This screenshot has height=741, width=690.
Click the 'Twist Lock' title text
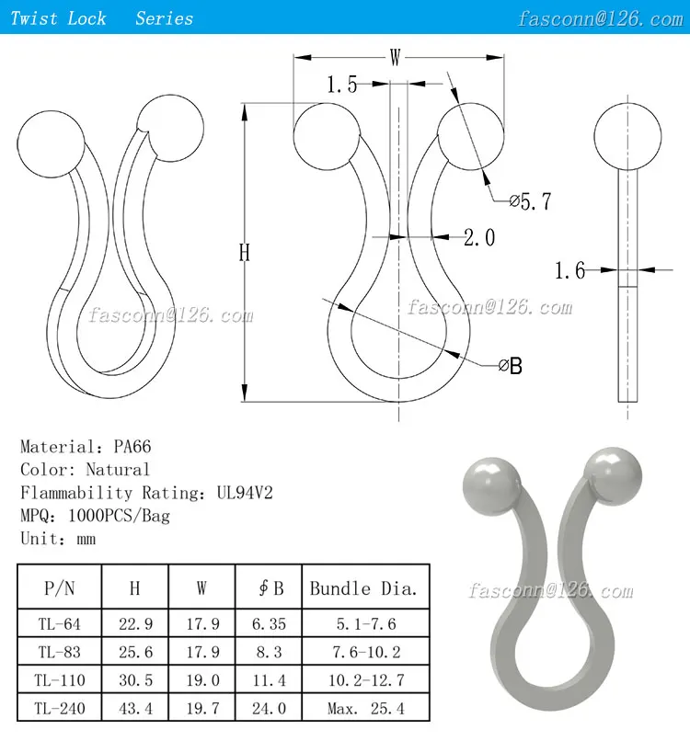[58, 18]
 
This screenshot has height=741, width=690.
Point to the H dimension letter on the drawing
[245, 253]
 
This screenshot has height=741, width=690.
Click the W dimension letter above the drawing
[395, 58]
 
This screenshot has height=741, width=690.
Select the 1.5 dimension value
[341, 85]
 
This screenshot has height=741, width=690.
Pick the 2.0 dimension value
[478, 237]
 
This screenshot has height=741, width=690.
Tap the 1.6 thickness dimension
[569, 270]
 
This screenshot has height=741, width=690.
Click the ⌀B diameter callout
[510, 366]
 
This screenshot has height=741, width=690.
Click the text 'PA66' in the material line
[132, 447]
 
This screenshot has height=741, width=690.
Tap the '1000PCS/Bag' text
[114, 516]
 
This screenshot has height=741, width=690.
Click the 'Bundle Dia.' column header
[363, 588]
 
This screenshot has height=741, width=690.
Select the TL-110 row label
[60, 680]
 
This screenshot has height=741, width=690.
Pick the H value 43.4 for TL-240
[134, 708]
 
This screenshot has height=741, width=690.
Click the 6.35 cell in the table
[269, 624]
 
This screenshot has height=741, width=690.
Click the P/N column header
[60, 588]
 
